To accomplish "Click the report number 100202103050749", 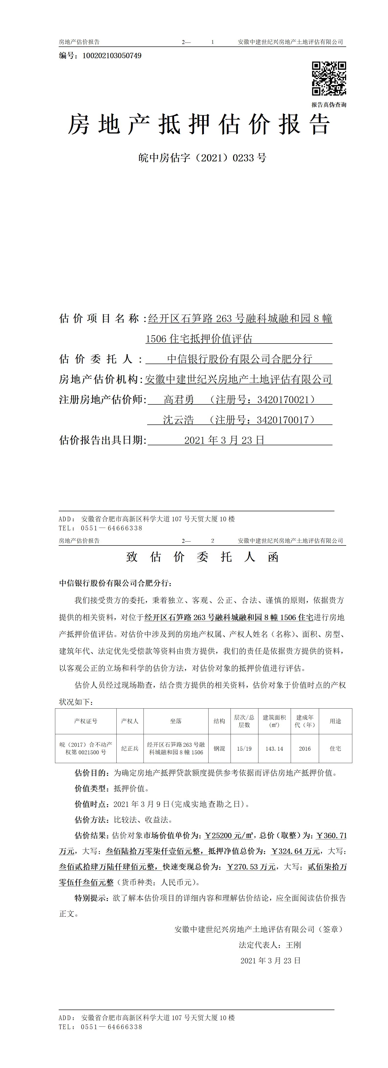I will [112, 56].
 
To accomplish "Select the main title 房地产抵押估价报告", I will [199, 124].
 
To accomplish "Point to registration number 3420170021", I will [283, 400].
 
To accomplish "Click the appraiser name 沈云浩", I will [178, 420].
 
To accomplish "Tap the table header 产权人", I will [130, 721].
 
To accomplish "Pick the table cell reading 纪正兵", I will [130, 748].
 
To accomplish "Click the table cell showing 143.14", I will [274, 748].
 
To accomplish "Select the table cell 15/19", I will [244, 748].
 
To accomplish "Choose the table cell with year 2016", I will [305, 748].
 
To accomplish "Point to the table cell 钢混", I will [219, 748].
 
